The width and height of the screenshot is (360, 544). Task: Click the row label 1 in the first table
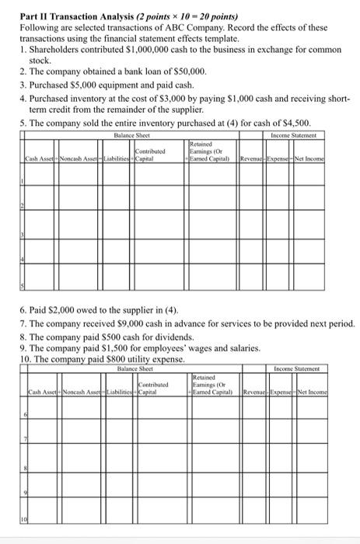point(23,180)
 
